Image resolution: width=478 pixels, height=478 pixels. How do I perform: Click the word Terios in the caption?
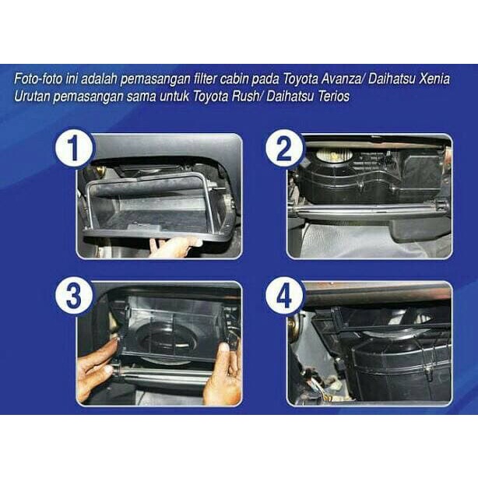tap(331, 95)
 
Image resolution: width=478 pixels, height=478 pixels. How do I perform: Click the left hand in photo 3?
tap(95, 366)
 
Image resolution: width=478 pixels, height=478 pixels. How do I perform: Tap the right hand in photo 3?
tap(221, 374)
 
